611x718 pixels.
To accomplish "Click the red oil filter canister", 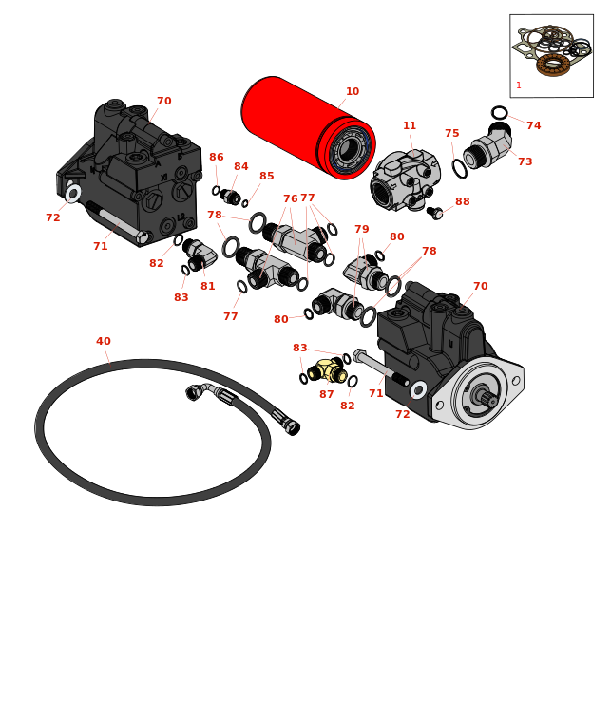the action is pos(308,127).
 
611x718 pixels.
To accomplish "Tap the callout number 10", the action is pos(353,91).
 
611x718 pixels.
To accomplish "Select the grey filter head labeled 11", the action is pos(405,180).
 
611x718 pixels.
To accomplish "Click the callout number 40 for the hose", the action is pos(103,341).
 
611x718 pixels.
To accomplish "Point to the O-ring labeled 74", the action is pos(499,113).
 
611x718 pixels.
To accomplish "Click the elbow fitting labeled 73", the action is pos(487,145).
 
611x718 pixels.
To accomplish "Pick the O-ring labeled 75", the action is pos(459,168).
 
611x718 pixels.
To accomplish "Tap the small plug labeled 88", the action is pos(434,213).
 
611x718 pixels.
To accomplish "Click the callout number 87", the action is pos(327,394).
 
